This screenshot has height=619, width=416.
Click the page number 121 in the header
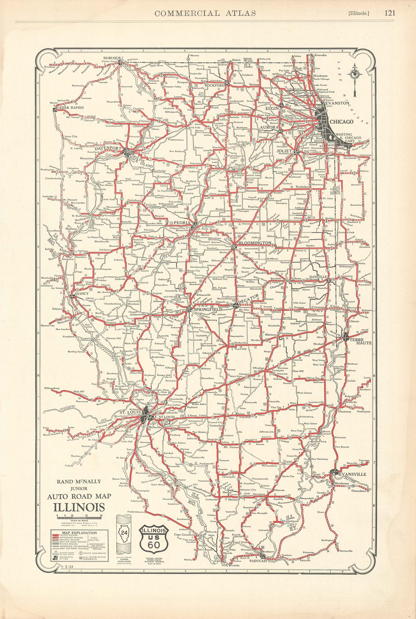pyautogui.click(x=389, y=13)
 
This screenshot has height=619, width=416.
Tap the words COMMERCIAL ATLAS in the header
pyautogui.click(x=205, y=13)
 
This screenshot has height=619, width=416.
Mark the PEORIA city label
pyautogui.click(x=182, y=223)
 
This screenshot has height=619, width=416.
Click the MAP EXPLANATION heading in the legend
pyautogui.click(x=79, y=533)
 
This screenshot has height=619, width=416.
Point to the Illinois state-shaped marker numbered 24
pyautogui.click(x=124, y=532)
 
